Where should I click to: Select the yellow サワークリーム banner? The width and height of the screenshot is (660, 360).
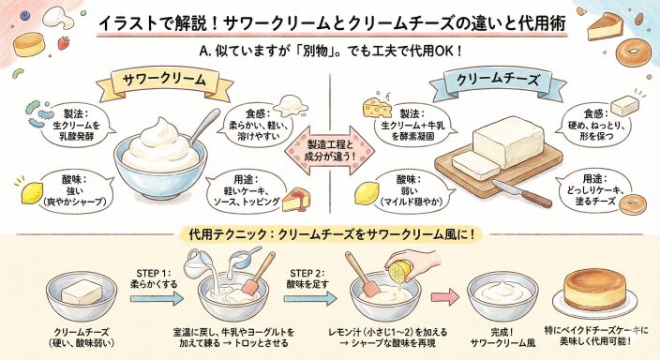[165, 82]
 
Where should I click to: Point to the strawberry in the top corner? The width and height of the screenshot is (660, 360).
[64, 42]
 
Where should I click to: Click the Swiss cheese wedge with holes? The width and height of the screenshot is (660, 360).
[377, 108]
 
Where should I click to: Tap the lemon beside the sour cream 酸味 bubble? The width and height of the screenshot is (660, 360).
[33, 193]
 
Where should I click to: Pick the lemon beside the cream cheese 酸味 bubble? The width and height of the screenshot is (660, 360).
[367, 193]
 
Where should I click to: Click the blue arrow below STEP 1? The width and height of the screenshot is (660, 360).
[157, 298]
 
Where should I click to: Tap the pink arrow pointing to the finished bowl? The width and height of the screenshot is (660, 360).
[446, 297]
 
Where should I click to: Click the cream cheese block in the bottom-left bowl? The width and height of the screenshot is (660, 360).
[82, 292]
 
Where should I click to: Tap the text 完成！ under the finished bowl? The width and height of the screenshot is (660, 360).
[502, 332]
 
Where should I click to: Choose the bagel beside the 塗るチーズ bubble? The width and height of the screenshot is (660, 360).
[631, 205]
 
